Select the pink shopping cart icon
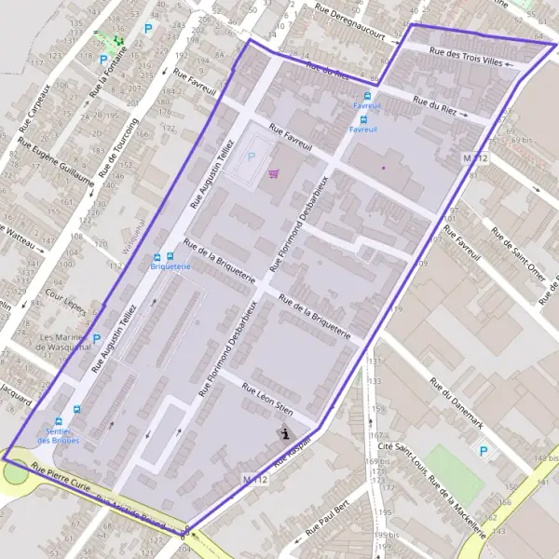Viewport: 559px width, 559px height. coord(273,173)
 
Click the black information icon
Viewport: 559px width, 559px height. coord(285,433)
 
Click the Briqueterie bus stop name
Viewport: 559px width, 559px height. coord(170,266)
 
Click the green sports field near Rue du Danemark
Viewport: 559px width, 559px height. coord(455,470)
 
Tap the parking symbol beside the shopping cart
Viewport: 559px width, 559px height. coord(251,157)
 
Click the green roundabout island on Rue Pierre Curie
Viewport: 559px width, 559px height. coord(15,472)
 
